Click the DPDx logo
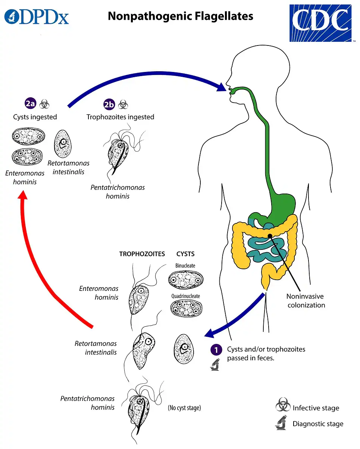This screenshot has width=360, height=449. tap(37, 17)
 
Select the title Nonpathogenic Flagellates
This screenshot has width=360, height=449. tap(180, 16)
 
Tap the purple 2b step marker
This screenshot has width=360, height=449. tap(109, 105)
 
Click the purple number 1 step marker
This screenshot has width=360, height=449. tap(216, 349)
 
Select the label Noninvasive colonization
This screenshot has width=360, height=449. tap(305, 301)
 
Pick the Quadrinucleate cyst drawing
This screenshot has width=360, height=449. tap(185, 308)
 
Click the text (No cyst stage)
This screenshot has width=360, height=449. tap(184, 408)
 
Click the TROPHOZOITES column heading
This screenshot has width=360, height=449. tap(142, 254)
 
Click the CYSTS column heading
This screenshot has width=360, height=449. tap(185, 254)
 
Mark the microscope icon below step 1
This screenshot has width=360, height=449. tap(215, 365)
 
